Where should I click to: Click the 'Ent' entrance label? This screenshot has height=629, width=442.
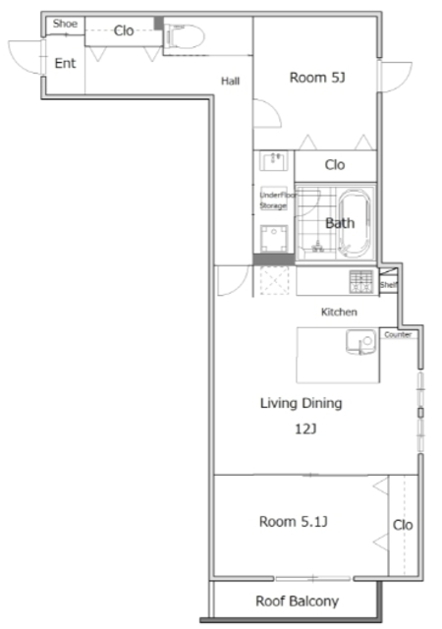click(65, 64)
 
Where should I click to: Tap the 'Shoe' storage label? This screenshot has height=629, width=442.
click(65, 24)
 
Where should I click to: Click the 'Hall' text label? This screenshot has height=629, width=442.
click(231, 81)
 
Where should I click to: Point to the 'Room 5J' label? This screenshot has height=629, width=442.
click(317, 77)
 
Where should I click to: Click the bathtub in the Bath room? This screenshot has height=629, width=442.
click(346, 223)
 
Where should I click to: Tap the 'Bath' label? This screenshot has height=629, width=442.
click(340, 223)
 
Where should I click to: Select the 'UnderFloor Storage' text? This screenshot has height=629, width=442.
click(273, 200)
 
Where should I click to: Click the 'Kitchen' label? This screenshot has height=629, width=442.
click(339, 312)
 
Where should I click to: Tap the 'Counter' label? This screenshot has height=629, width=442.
click(398, 334)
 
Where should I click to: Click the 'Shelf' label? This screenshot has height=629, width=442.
click(389, 285)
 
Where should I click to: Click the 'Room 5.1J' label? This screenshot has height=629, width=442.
click(293, 521)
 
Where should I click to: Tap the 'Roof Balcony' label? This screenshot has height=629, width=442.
click(297, 601)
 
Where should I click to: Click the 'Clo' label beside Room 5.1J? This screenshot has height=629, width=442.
click(403, 526)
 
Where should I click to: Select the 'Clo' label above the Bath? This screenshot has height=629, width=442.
click(335, 165)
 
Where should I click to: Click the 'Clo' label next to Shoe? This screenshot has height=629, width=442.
click(124, 30)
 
